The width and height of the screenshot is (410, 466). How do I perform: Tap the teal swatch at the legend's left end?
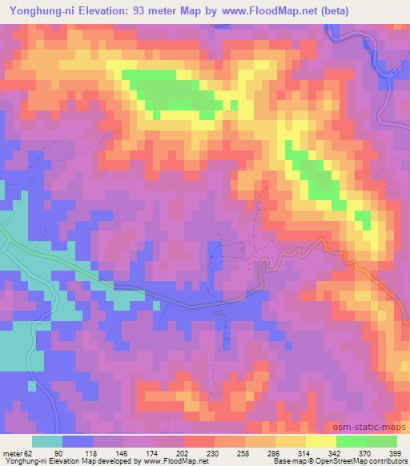tap(47, 441)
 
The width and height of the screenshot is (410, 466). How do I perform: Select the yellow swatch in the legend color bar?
tap(320, 441)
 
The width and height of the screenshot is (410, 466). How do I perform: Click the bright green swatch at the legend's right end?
tap(381, 441)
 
